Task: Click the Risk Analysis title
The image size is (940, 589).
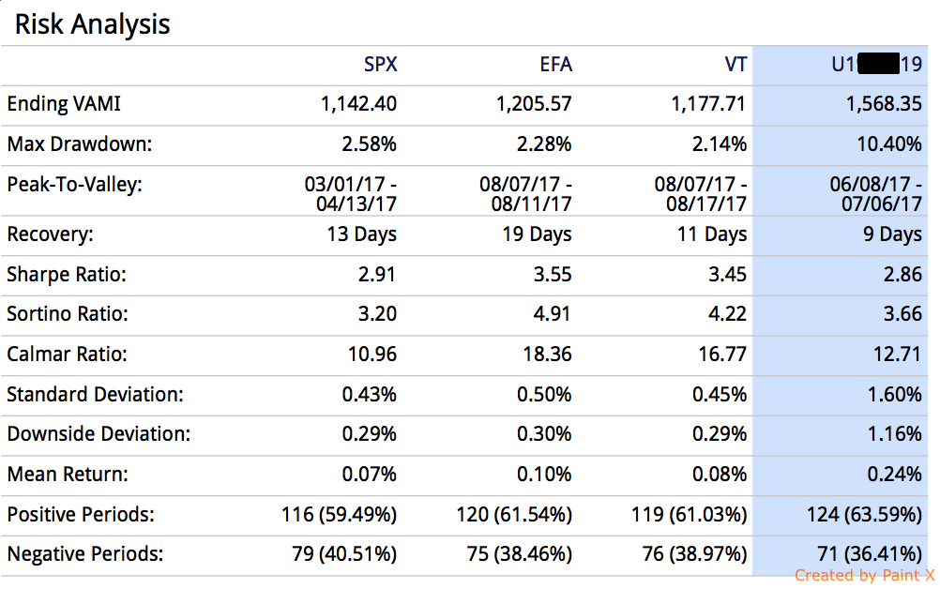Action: point(92,23)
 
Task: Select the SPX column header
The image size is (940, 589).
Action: point(380,65)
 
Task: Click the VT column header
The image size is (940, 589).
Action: point(735,65)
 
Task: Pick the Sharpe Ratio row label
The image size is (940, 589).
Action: point(67,275)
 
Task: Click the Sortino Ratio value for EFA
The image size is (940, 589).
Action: point(552,314)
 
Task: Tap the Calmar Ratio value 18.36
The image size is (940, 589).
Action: point(546,355)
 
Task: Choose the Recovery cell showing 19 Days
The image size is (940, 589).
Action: point(537,234)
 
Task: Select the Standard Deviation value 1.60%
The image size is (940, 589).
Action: point(895,395)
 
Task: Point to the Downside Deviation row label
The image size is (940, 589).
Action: point(99,434)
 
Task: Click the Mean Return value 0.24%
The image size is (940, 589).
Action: point(895,475)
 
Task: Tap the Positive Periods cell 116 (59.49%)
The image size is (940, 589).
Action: point(339,515)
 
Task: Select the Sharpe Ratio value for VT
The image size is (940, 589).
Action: point(727,275)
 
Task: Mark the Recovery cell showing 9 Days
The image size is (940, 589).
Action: point(892,234)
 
